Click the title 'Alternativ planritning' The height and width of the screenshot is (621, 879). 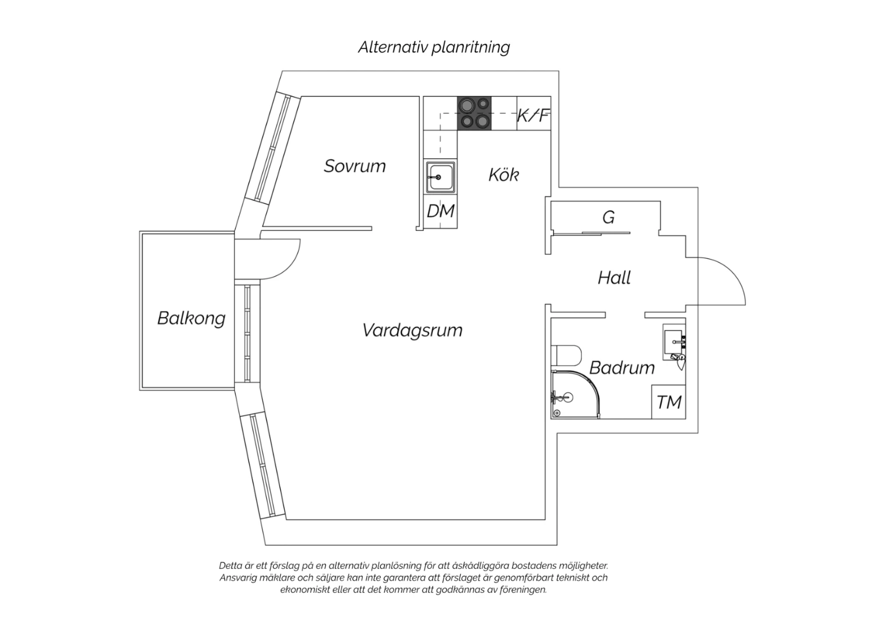point(434,47)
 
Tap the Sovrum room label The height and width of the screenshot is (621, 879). point(355,166)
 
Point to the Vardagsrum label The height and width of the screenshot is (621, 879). point(413,330)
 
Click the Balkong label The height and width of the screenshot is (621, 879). point(192,318)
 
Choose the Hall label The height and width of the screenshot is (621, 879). point(614,278)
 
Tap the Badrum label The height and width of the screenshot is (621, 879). point(622,367)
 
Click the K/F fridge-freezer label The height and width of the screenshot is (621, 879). point(533,115)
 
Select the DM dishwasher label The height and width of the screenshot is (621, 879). point(440,211)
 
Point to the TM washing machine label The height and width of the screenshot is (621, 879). point(669,402)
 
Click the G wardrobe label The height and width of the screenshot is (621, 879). point(608,217)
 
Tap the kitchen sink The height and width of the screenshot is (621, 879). point(441,178)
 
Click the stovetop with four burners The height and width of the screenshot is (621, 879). point(474,113)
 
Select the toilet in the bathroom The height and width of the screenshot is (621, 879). point(566,355)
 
